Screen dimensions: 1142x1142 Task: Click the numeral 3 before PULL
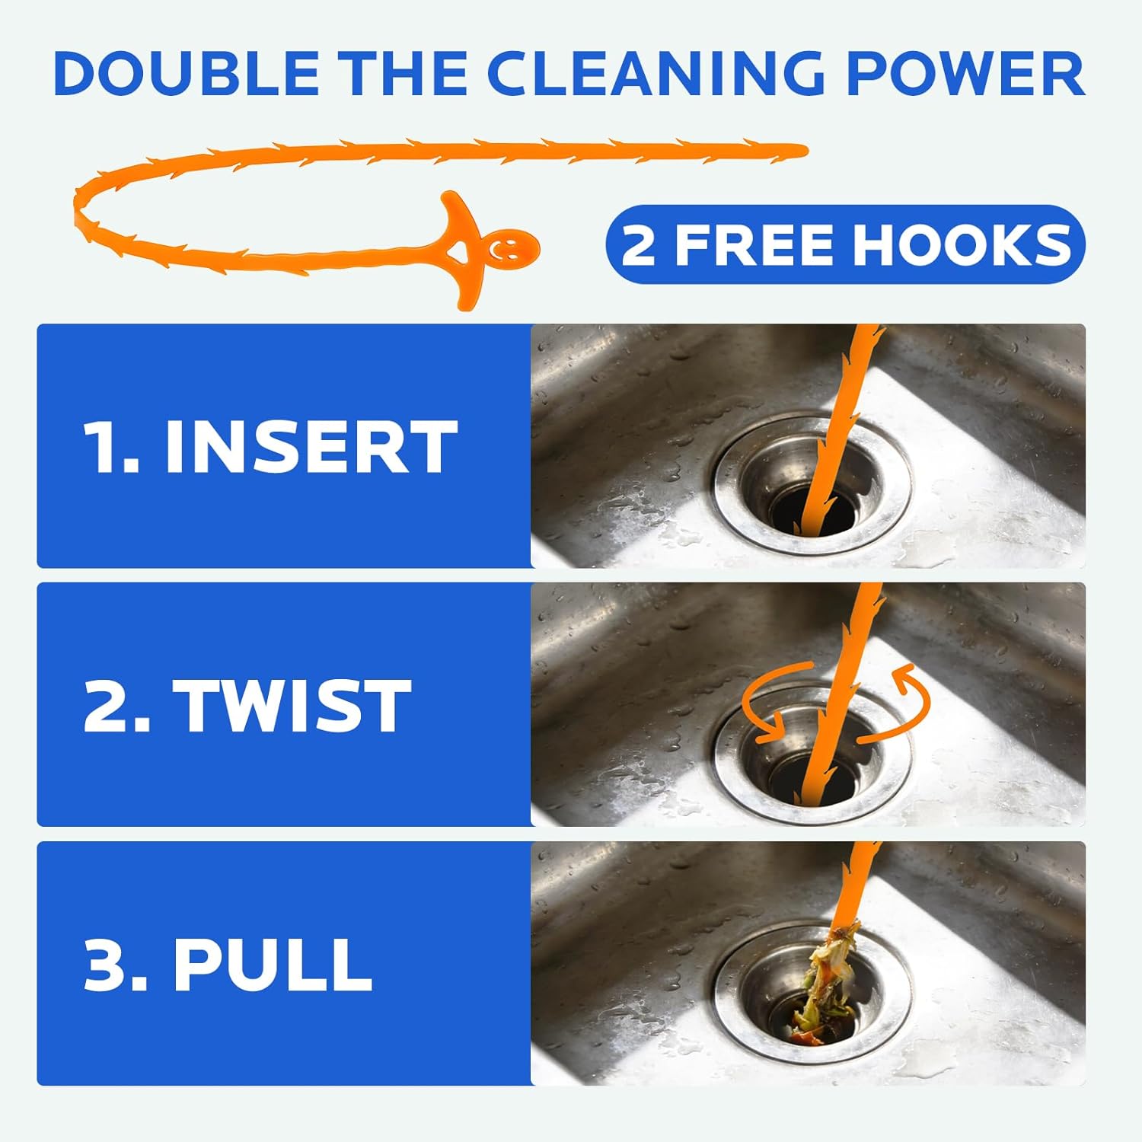107,965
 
